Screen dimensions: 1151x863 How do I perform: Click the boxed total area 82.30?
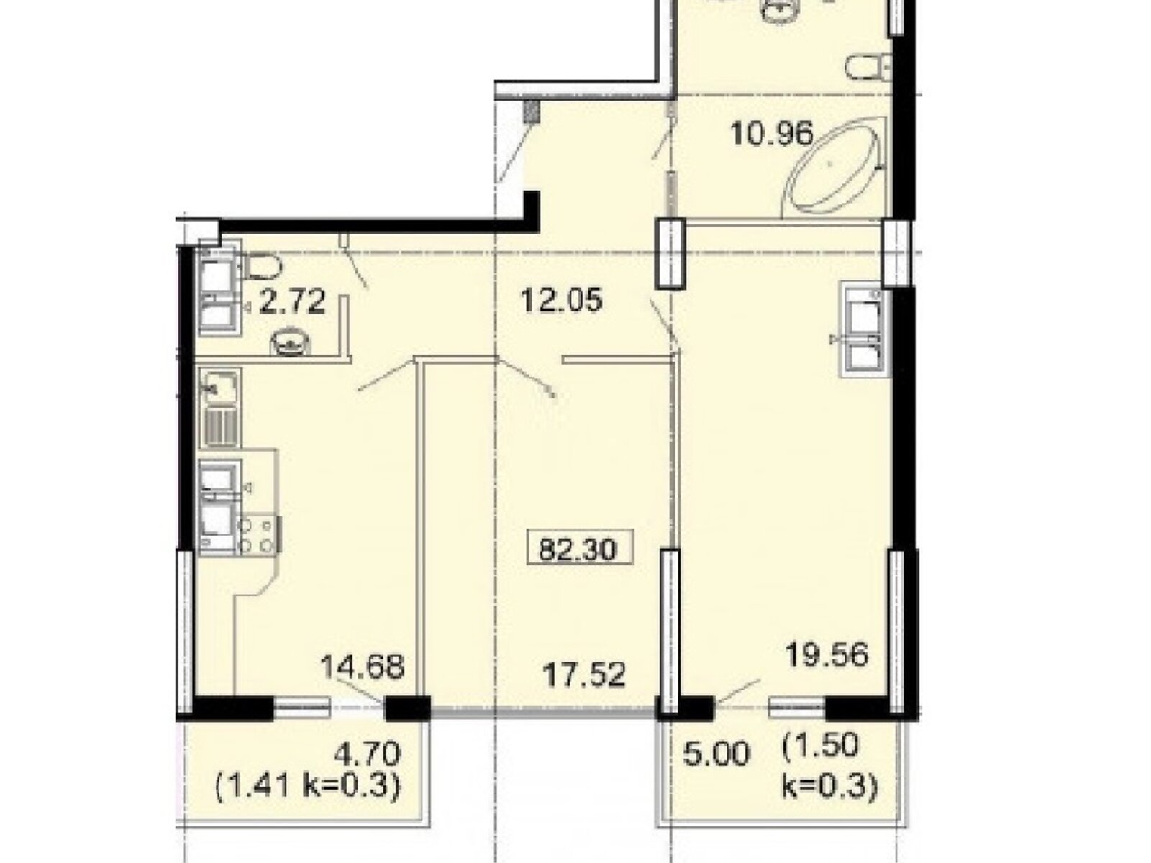579,547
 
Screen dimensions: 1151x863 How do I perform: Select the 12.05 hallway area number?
561,300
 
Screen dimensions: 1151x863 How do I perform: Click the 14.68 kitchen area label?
363,667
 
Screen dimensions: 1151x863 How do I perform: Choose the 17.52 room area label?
584,675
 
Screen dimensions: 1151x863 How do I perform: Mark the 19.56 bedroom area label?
827,654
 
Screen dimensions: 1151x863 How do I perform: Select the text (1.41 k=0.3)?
308,786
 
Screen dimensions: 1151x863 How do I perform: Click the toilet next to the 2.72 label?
262,266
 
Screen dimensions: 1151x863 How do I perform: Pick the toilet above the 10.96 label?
868,68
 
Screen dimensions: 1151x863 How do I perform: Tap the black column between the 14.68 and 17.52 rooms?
407,709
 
